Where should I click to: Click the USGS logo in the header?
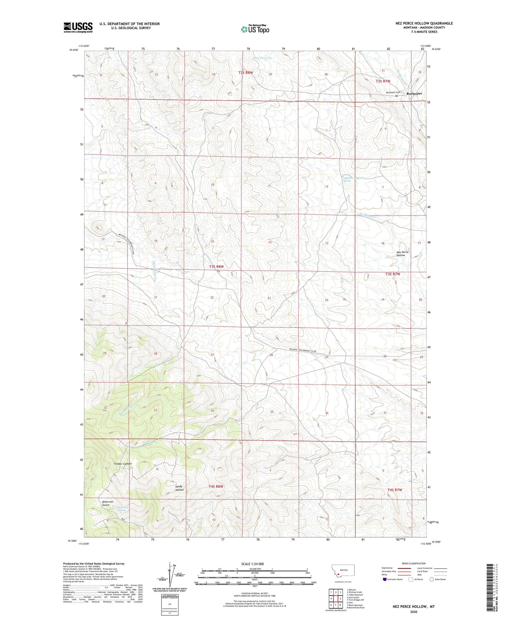pyautogui.click(x=78, y=27)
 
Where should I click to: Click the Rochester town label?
pyautogui.click(x=414, y=94)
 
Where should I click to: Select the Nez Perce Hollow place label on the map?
pyautogui.click(x=402, y=253)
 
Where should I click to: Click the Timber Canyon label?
pyautogui.click(x=122, y=464)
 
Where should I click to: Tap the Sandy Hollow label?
pyautogui.click(x=179, y=488)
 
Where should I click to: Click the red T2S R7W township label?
pyautogui.click(x=383, y=81)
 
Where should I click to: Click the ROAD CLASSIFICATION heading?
pyautogui.click(x=414, y=563)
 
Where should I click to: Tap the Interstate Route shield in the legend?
pyautogui.click(x=385, y=579)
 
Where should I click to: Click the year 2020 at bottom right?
pyautogui.click(x=414, y=612)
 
